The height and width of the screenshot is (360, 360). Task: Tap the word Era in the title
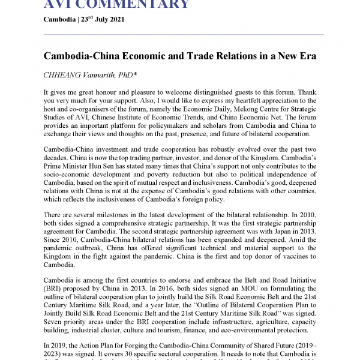pyautogui.click(x=306, y=56)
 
